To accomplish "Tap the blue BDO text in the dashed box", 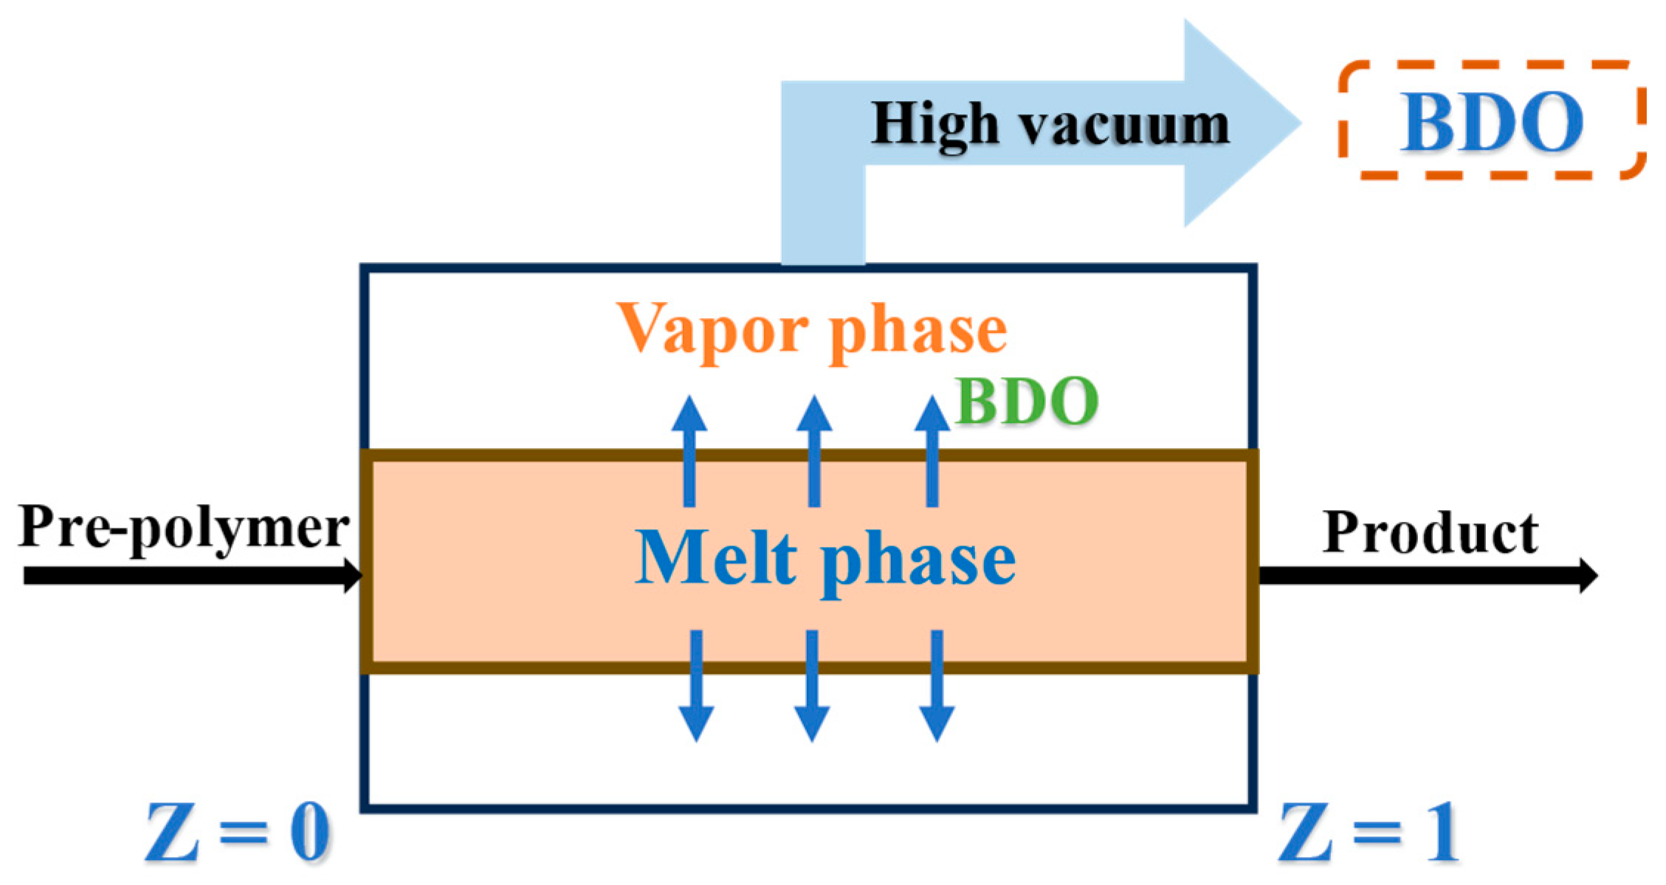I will pos(1491,123).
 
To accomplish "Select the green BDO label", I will pos(1027,402).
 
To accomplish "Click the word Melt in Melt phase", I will pos(716,559).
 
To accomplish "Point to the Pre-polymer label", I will pos(184,528).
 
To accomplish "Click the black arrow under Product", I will pos(1425,576).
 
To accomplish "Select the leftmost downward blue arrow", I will pos(696,686).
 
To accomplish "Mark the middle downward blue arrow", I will pos(812,686).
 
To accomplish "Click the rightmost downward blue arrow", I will pos(937,686).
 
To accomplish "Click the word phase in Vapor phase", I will pos(918,332).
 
